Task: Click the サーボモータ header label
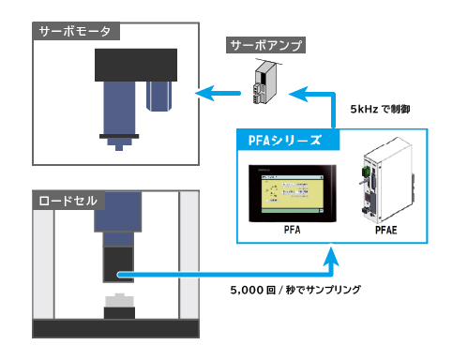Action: pyautogui.click(x=75, y=31)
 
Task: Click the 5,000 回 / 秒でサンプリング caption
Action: pyautogui.click(x=294, y=291)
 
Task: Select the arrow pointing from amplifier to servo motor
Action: pyautogui.click(x=216, y=92)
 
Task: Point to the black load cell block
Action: pyautogui.click(x=118, y=262)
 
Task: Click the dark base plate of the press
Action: pyautogui.click(x=116, y=328)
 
